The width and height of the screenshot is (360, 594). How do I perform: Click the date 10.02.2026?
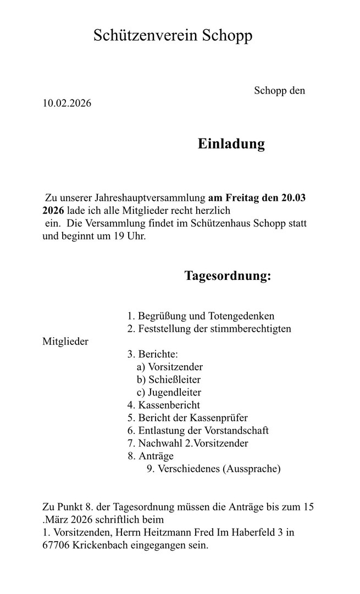pos(67,103)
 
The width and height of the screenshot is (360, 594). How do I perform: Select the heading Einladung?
pos(231,144)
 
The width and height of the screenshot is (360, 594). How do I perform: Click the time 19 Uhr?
pos(131,237)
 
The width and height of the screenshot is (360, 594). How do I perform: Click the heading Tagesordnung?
pos(227,276)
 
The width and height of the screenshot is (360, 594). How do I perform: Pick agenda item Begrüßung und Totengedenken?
pos(206,316)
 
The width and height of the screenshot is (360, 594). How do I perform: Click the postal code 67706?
pos(57,546)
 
